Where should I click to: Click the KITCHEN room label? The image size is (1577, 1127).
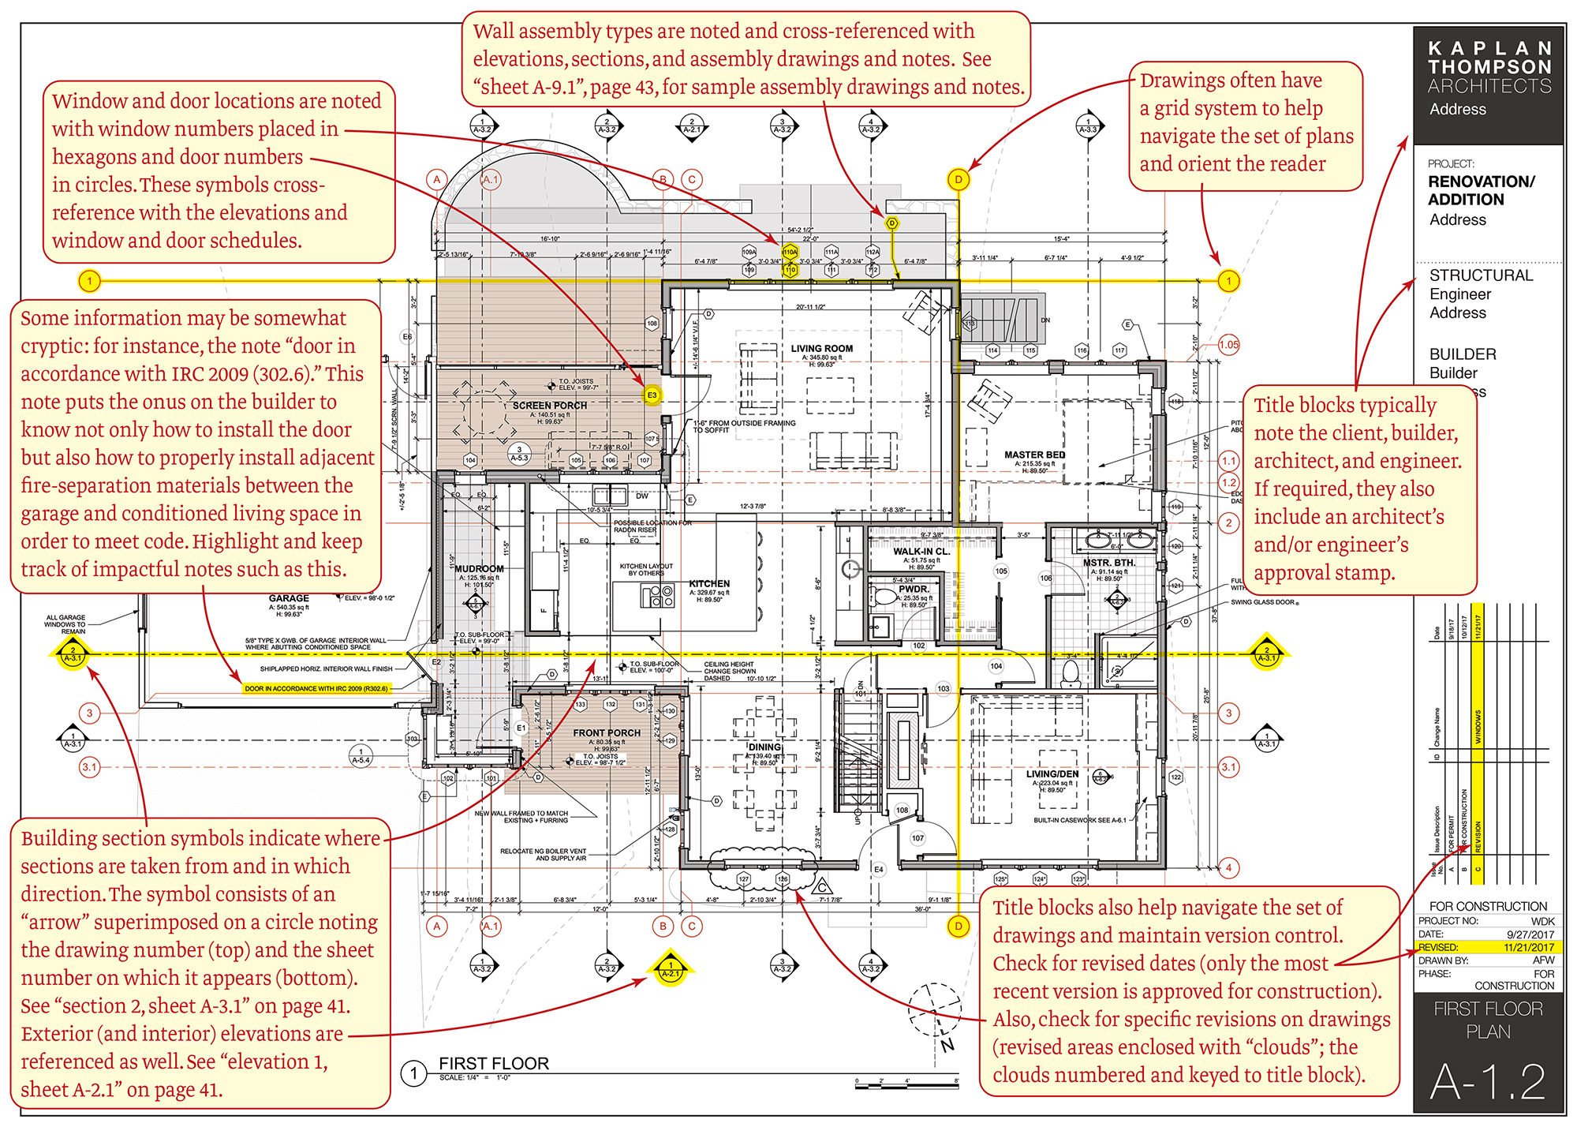(709, 583)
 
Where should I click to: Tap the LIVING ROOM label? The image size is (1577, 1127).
(821, 348)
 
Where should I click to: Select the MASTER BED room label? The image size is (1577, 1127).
(1034, 455)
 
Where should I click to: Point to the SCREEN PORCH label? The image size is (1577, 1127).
(549, 405)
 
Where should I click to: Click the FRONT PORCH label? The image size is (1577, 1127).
(606, 732)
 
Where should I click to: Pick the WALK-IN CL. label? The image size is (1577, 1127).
(921, 552)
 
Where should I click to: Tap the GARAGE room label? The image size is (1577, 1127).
(289, 598)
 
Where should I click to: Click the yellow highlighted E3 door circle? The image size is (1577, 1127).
(652, 395)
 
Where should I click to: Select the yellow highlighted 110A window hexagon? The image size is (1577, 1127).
(790, 253)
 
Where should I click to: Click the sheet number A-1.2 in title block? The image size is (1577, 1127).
(1487, 1081)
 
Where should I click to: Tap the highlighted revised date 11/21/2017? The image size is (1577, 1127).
(1528, 947)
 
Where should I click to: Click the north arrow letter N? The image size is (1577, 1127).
(947, 1045)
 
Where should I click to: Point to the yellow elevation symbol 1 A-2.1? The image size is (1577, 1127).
(670, 968)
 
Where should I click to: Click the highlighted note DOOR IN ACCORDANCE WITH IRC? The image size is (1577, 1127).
(316, 688)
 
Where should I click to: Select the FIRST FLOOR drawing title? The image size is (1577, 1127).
(493, 1063)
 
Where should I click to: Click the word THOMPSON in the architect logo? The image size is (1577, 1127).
(1489, 67)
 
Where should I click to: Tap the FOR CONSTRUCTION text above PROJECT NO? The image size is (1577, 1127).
(1487, 906)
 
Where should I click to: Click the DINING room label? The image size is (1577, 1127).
(764, 747)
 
